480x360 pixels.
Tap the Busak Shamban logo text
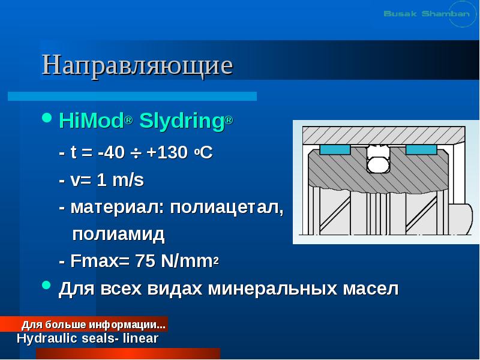click(426, 13)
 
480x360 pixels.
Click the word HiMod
click(91, 122)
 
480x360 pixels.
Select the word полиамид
click(118, 234)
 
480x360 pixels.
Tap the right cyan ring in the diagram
click(421, 149)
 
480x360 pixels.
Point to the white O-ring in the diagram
click(378, 164)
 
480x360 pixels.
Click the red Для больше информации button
click(93, 325)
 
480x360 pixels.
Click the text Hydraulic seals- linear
click(88, 338)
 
